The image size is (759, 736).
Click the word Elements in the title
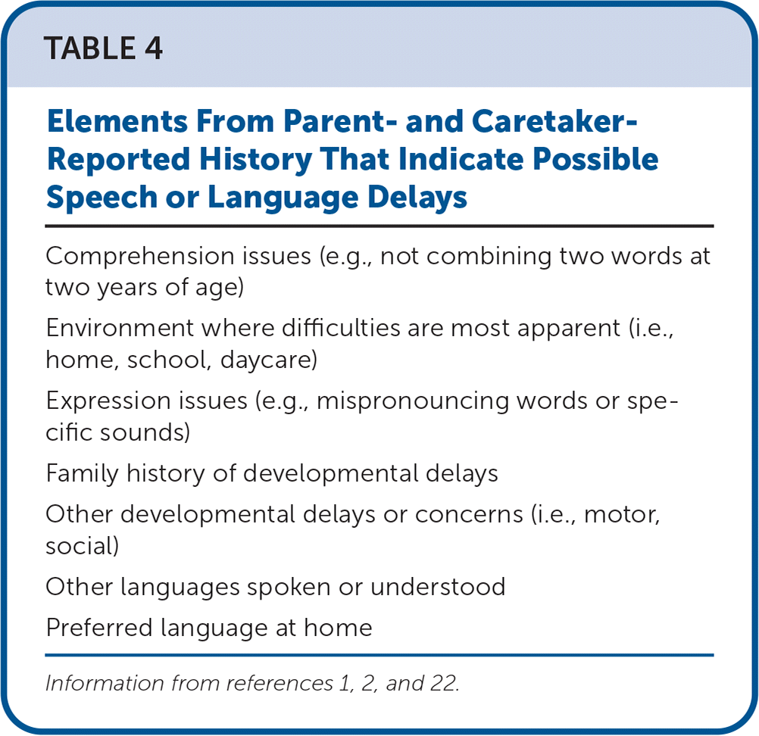[x=117, y=121]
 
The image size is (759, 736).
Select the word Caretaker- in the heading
[x=554, y=121]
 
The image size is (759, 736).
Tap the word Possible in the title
[x=595, y=159]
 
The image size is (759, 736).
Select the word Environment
[x=120, y=328]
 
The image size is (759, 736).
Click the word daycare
[x=269, y=360]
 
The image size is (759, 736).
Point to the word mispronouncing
[x=412, y=401]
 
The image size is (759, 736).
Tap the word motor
[x=622, y=514]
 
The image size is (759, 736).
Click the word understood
[x=438, y=587]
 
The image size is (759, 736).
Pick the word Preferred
[x=99, y=628]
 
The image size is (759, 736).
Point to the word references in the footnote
[x=280, y=683]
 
